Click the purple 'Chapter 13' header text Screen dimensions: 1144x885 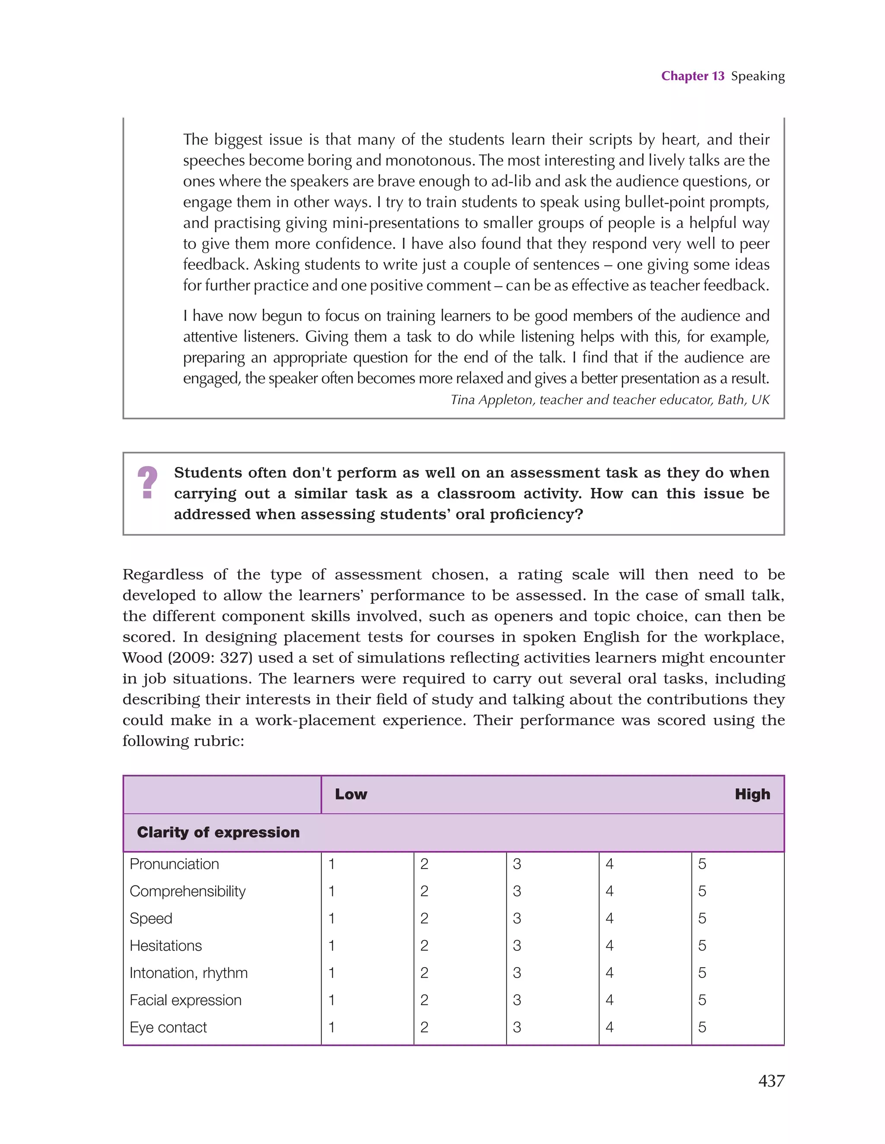coord(692,76)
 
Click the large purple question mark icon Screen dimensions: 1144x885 coord(147,483)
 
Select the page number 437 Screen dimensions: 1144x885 coord(771,1080)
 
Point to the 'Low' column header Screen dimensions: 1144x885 coord(351,795)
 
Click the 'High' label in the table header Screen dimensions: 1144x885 coord(752,795)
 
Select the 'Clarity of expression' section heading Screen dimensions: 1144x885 coord(218,832)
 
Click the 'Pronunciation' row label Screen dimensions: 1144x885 coord(175,864)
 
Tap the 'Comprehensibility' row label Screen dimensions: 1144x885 coord(188,892)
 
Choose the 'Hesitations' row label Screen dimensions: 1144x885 coord(166,946)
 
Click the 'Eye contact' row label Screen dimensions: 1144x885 coord(168,1028)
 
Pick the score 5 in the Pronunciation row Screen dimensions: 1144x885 coord(702,864)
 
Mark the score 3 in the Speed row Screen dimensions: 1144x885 coord(517,919)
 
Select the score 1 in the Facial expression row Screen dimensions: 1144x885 coord(331,1000)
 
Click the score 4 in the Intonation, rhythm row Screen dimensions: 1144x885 coord(610,973)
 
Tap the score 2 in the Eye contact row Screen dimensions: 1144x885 coord(424,1028)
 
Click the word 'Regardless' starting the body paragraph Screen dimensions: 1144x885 coord(162,575)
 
